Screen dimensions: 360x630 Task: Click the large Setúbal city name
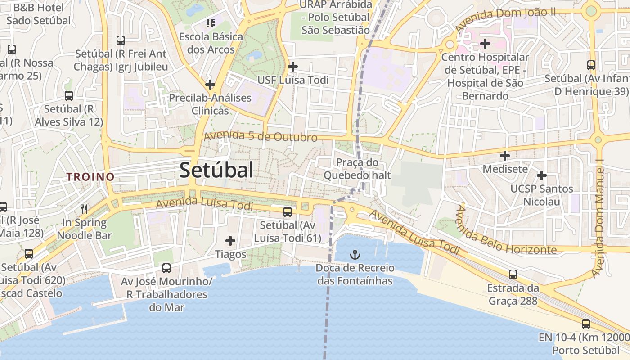click(x=216, y=171)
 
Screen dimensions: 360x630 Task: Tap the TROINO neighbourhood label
click(x=91, y=177)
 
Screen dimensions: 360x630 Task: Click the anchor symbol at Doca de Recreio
click(x=355, y=255)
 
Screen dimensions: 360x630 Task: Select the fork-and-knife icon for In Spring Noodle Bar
click(x=84, y=209)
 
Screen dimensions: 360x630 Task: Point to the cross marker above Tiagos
click(x=230, y=241)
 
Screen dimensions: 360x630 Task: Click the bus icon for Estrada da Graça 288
click(x=513, y=274)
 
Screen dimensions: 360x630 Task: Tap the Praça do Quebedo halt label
click(x=357, y=169)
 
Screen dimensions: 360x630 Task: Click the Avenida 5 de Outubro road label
click(x=261, y=136)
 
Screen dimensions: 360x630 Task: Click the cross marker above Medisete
click(x=505, y=156)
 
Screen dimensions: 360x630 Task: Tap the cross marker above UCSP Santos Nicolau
click(x=542, y=175)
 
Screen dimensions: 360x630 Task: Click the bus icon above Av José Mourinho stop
click(x=166, y=268)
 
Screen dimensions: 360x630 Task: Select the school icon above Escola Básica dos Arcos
click(x=210, y=22)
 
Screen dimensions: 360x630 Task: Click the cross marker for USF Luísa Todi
click(x=293, y=67)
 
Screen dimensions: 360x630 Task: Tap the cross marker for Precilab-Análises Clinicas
click(x=210, y=84)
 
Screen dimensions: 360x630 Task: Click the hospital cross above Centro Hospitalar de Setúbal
click(x=485, y=44)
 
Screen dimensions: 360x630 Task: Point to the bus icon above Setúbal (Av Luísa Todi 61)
click(x=288, y=211)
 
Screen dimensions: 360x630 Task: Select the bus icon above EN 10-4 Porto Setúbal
click(x=586, y=324)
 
